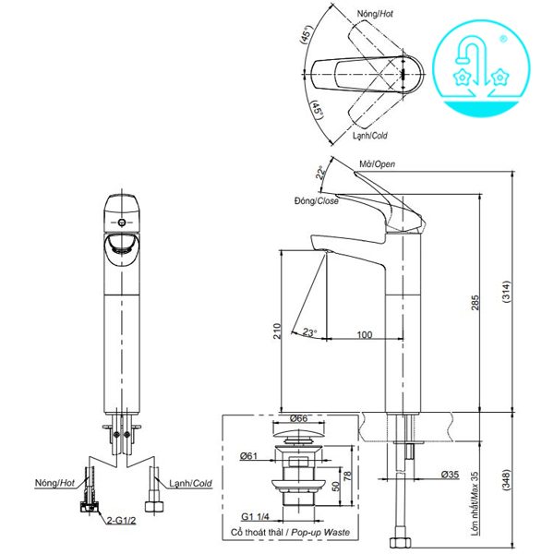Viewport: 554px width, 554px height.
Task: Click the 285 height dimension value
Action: click(x=475, y=303)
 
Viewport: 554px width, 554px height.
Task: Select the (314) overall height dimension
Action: click(x=506, y=292)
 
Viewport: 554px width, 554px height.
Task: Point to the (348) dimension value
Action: click(x=506, y=479)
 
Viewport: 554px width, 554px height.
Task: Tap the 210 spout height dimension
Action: click(x=277, y=331)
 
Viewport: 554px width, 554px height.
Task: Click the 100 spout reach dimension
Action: click(x=365, y=334)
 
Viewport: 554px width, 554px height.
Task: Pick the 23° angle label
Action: click(x=309, y=332)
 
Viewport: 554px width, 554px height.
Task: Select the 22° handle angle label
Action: click(x=320, y=173)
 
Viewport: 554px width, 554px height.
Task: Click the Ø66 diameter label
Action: click(x=298, y=418)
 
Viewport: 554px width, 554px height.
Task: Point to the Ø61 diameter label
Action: click(x=248, y=456)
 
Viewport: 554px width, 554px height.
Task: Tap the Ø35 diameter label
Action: click(x=450, y=475)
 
